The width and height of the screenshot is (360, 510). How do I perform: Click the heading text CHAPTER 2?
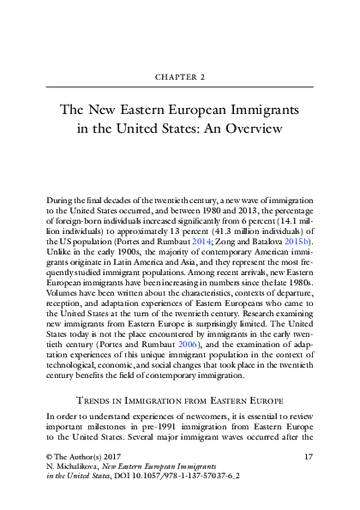179,75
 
